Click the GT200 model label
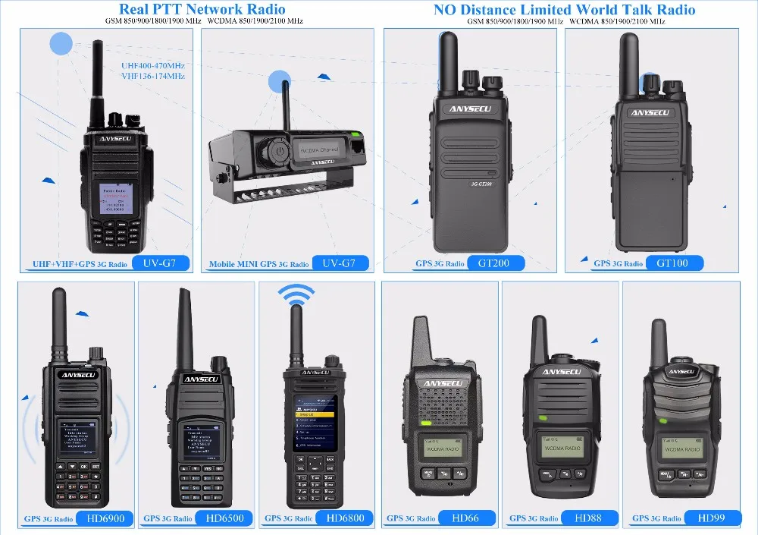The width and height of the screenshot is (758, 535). pos(493,263)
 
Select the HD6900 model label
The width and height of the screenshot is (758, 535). pos(105,519)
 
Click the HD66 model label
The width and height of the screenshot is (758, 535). pos(465,519)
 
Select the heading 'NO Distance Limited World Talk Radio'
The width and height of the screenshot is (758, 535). pos(564,10)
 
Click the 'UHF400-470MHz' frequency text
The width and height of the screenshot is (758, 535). pos(152,66)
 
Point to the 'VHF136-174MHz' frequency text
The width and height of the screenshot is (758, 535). pos(152,76)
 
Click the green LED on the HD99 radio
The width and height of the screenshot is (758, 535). pos(663,420)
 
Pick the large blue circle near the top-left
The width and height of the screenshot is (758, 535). pos(61,43)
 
